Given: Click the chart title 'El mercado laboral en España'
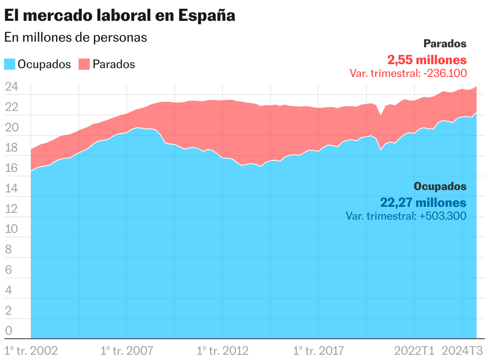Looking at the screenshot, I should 119,16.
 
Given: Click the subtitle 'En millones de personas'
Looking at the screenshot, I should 76,37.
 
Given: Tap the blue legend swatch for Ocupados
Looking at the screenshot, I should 10,64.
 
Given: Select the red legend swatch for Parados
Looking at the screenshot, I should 84,64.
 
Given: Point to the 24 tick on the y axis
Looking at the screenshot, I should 11,87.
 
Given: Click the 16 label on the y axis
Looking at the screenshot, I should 11,168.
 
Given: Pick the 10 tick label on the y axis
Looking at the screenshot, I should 11,229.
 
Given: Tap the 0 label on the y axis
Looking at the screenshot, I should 8,331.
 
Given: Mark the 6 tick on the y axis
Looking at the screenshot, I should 8,270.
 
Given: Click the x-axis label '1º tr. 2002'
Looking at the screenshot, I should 31,351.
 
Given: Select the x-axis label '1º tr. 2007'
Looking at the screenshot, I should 127,351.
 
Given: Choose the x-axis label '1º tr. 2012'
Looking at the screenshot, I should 222,351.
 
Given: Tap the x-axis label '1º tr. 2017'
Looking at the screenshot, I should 318,351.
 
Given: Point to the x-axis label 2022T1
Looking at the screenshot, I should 414,351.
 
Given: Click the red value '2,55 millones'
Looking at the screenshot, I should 427,60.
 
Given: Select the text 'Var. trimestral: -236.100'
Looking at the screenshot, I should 408,73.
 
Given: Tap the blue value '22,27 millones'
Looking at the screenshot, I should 423,202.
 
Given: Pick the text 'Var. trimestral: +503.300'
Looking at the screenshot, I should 406,216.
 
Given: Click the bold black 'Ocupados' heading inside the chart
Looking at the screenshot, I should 440,186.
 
